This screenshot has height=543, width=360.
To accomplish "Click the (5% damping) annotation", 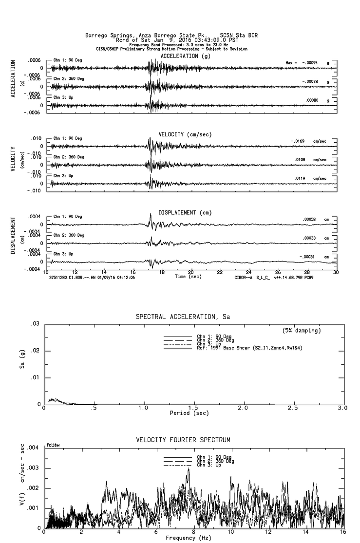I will point(302,331).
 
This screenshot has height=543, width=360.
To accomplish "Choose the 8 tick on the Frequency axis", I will point(194,532).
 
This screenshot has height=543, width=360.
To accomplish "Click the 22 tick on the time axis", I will point(220,272).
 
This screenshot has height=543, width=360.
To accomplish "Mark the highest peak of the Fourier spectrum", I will point(188,468).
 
